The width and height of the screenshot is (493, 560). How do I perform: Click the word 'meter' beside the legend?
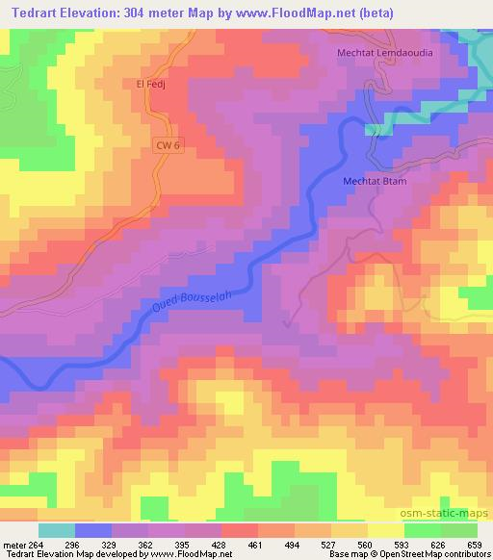click(13, 544)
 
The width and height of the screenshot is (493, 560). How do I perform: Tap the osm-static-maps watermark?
click(451, 513)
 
